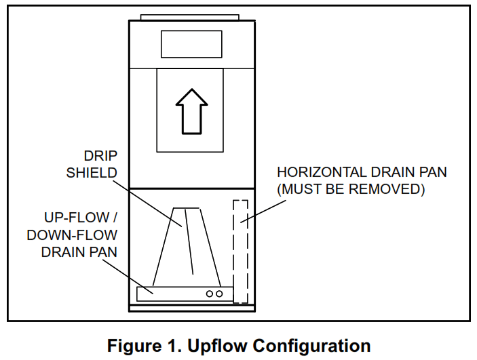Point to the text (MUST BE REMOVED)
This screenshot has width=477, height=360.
click(350, 189)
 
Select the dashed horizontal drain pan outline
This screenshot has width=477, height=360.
click(240, 251)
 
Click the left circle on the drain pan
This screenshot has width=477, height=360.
click(210, 294)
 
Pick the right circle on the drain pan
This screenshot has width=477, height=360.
click(219, 294)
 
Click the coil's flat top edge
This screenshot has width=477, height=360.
click(187, 207)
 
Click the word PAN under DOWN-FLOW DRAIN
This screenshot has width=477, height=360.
click(105, 252)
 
